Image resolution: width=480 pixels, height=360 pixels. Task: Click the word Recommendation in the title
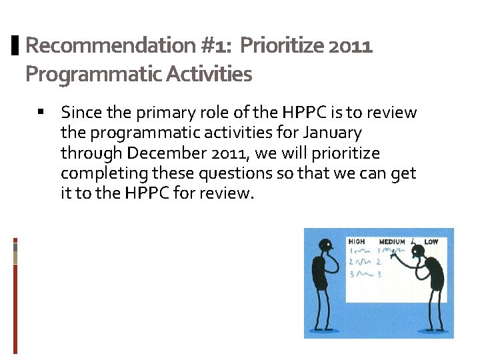(x=109, y=46)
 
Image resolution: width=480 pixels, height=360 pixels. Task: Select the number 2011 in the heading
(x=353, y=46)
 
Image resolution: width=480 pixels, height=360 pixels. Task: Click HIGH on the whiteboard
(x=357, y=241)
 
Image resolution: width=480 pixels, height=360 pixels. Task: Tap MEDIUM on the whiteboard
(x=392, y=241)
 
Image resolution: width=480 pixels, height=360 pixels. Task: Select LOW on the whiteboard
(x=431, y=241)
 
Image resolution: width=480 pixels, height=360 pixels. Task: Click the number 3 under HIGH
(x=351, y=273)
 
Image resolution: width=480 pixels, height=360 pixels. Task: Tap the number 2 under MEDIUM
(x=379, y=262)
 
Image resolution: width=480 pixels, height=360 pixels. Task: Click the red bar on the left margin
(x=15, y=307)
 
